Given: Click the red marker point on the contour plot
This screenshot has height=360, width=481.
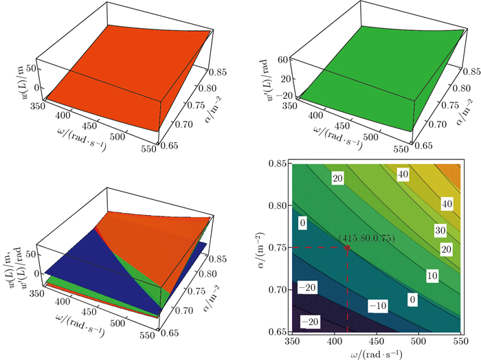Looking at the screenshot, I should [x=347, y=247].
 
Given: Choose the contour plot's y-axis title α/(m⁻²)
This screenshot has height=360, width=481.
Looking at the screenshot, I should [x=260, y=249].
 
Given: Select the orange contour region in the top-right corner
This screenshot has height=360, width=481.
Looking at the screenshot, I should [x=452, y=172].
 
